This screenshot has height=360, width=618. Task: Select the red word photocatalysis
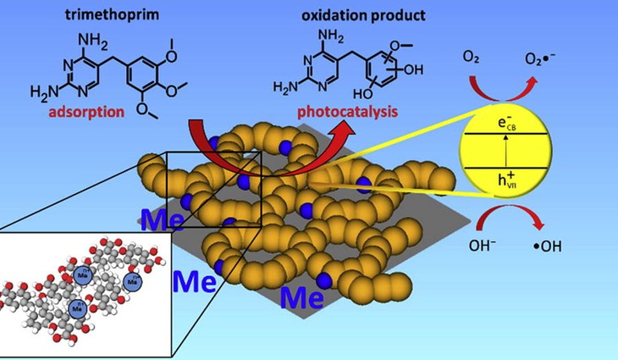(x=338, y=111)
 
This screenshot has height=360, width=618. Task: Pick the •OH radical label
(x=560, y=249)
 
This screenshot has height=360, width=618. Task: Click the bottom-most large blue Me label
(x=301, y=297)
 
